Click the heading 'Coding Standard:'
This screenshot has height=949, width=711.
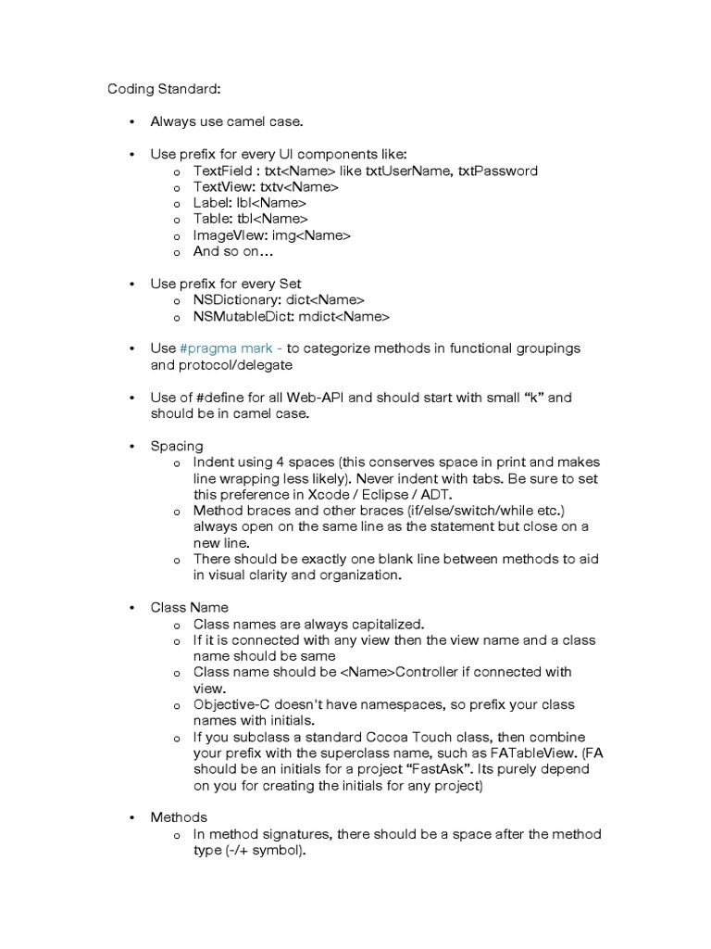tap(164, 90)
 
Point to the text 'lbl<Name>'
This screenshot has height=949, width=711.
tap(272, 203)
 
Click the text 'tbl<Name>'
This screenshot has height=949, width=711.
tap(273, 220)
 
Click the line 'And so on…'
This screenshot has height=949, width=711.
tap(233, 251)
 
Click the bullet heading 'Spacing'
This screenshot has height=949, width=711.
tap(177, 446)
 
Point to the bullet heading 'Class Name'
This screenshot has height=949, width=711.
tap(189, 608)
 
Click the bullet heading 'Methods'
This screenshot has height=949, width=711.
tap(179, 817)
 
